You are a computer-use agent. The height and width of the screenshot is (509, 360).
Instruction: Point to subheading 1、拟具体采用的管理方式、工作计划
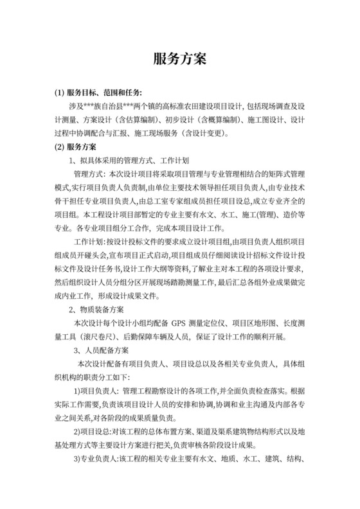tap(128, 161)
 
